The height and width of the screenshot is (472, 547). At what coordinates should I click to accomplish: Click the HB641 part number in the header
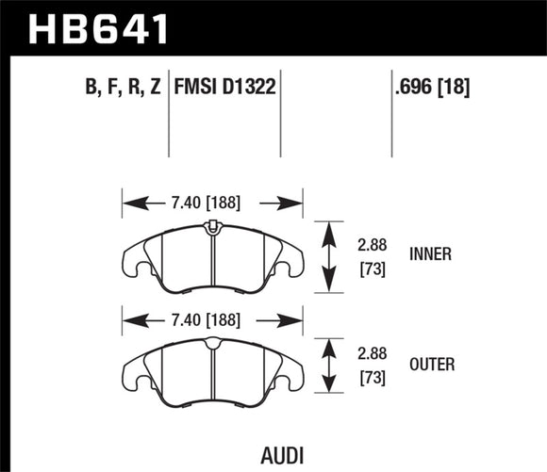coord(99,26)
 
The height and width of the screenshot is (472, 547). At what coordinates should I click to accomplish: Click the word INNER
coord(431,254)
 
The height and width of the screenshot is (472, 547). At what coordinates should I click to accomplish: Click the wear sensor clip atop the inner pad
coord(212,226)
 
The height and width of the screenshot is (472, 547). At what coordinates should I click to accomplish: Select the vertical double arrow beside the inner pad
coord(328,255)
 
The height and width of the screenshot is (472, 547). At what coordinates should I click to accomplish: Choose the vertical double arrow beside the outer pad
coord(328,366)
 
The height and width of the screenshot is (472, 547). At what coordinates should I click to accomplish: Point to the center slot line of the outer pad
coord(213,372)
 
